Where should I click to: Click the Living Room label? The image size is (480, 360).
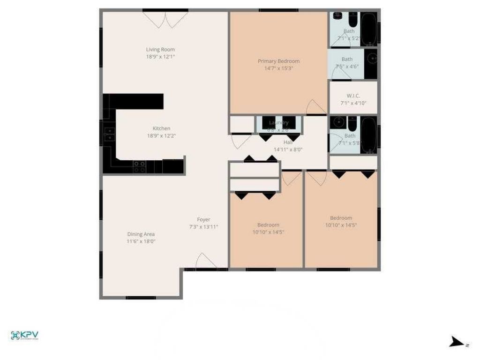(x=160, y=49)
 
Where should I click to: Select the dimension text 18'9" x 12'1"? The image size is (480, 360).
(x=160, y=57)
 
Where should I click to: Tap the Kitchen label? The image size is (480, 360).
(x=161, y=128)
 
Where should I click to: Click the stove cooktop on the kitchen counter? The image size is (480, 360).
(x=139, y=166)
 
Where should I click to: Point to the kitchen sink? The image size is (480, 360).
(x=109, y=134)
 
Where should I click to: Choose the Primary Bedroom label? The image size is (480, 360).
(x=278, y=61)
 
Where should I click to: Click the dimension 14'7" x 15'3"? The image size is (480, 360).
(x=278, y=68)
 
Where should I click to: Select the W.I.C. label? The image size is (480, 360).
(x=353, y=96)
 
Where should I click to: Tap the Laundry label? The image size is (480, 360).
(x=278, y=123)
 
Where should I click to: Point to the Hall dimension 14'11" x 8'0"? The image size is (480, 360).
(x=288, y=150)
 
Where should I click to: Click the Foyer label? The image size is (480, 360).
(x=203, y=219)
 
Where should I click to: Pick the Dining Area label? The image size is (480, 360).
(x=141, y=234)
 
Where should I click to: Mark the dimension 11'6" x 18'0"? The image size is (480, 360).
(x=141, y=242)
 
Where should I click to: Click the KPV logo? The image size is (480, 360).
(x=24, y=335)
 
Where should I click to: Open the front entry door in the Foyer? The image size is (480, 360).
(x=206, y=262)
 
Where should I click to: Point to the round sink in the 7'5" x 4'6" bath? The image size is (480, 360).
(x=371, y=59)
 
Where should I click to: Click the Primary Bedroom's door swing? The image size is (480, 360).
(x=315, y=108)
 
